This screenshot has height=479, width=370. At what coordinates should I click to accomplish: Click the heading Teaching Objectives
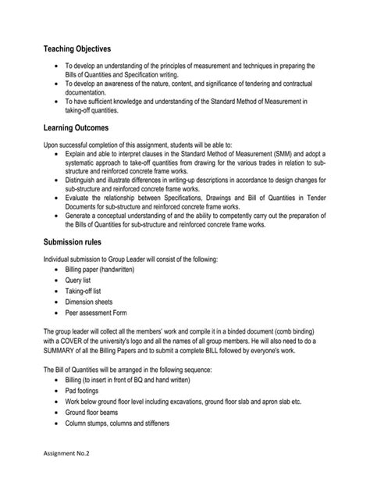77,48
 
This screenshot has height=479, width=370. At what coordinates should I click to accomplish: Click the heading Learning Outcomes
76,127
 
